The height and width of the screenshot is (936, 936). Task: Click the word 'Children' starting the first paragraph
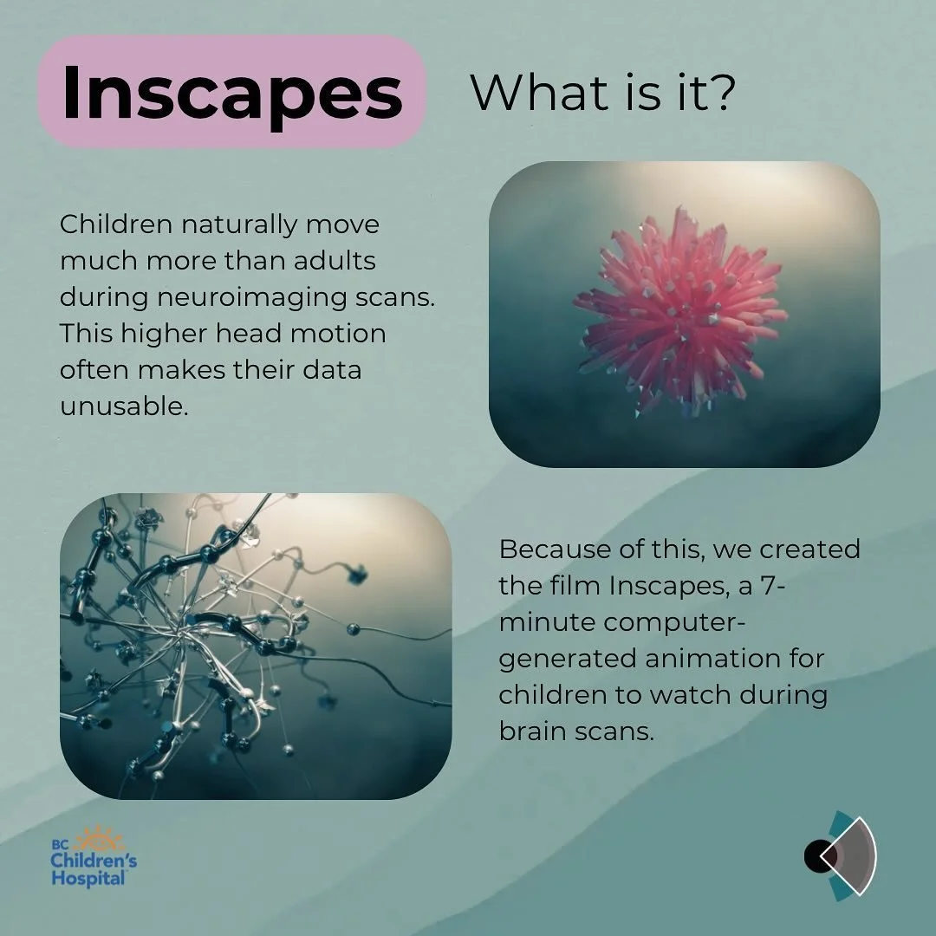click(x=115, y=224)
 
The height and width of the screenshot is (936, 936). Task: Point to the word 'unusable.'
click(x=124, y=406)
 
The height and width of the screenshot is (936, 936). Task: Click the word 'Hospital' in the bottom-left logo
click(x=88, y=878)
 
